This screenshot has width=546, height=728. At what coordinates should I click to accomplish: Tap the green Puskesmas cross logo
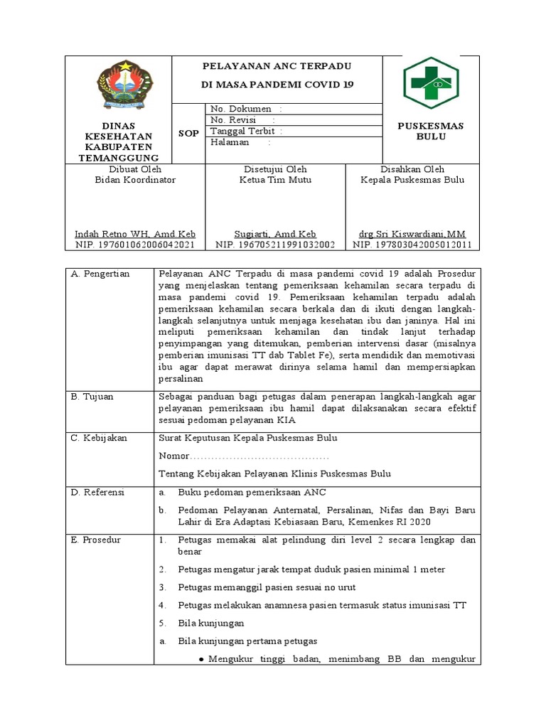coord(431,83)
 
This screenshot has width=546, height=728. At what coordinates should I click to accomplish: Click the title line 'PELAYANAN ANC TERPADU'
coord(277,66)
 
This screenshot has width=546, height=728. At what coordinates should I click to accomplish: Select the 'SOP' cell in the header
coord(188,133)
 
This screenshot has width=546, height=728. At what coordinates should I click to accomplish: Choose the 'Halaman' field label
coord(230,142)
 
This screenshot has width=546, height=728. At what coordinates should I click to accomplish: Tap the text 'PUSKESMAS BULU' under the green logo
coord(430,131)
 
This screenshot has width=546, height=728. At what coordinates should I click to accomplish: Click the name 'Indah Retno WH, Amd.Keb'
coord(135,234)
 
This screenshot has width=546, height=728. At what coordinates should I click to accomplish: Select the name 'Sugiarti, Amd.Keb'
coord(275,234)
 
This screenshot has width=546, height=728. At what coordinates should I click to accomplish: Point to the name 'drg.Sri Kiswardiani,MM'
coord(412,234)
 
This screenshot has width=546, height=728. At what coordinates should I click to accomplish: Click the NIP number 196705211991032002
coord(275,245)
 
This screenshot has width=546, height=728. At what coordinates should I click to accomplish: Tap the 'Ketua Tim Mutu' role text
coord(275,180)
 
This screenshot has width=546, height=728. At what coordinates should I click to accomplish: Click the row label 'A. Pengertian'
coord(100,274)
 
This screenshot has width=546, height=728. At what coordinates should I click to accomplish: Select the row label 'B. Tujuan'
coord(92,397)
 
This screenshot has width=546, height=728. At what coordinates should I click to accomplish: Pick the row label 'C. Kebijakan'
coord(99,438)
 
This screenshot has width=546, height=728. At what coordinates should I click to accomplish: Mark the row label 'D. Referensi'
coord(97,492)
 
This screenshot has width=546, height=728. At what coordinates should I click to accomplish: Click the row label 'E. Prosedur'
coord(96,540)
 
